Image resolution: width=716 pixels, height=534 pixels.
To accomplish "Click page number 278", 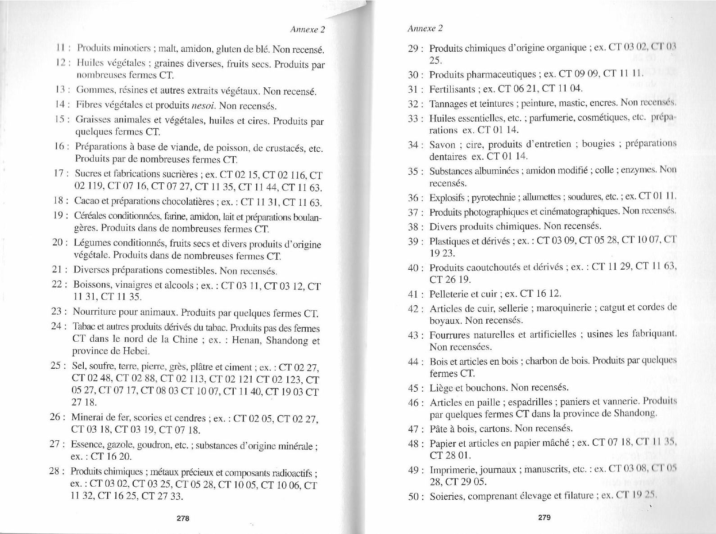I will pos(182,518).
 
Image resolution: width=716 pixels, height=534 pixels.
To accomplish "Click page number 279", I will pos(544,517).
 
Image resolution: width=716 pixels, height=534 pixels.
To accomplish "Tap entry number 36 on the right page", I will pos(413,198).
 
